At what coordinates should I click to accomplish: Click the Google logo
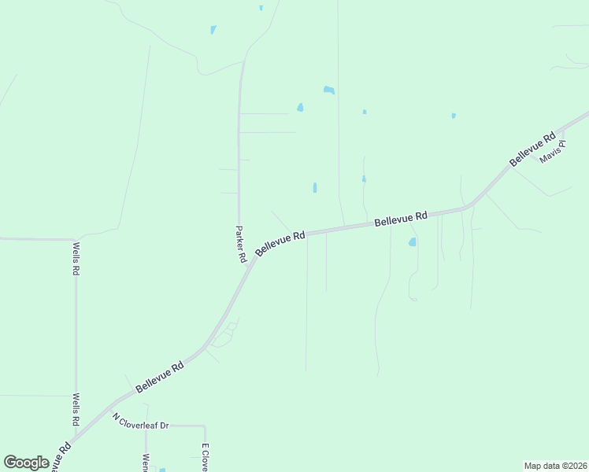(x=26, y=463)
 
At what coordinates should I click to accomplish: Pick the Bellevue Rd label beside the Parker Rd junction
(x=280, y=243)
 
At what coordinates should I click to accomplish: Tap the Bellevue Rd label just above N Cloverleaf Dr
(x=160, y=378)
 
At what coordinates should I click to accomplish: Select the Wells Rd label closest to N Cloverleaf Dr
(x=76, y=409)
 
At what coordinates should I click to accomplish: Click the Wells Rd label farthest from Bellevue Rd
(x=76, y=258)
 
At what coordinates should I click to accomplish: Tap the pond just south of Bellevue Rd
(x=412, y=242)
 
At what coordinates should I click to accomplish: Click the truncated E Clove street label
(x=205, y=457)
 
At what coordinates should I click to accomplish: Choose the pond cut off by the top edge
(x=261, y=8)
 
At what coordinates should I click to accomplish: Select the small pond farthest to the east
(x=454, y=116)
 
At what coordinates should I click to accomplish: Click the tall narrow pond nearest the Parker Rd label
(x=314, y=188)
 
